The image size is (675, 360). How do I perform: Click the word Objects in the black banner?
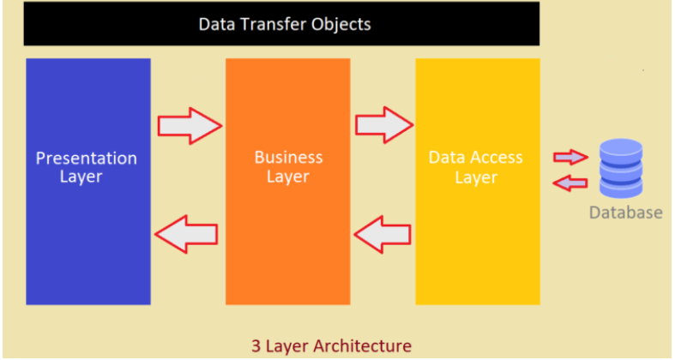click(x=341, y=24)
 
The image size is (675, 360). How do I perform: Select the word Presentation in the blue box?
click(x=86, y=159)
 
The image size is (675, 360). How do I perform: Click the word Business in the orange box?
click(x=288, y=158)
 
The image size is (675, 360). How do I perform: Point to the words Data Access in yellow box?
click(x=475, y=158)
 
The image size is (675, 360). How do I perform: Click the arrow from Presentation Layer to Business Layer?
click(x=189, y=125)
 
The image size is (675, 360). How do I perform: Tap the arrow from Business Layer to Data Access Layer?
click(x=383, y=125)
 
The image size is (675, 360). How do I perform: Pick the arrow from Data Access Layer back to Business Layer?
click(x=383, y=233)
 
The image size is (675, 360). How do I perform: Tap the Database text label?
click(x=625, y=213)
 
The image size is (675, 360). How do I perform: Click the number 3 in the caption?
click(x=256, y=346)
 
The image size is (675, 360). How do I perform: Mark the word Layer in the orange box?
click(x=288, y=177)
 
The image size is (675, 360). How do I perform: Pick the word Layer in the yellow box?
click(x=475, y=177)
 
